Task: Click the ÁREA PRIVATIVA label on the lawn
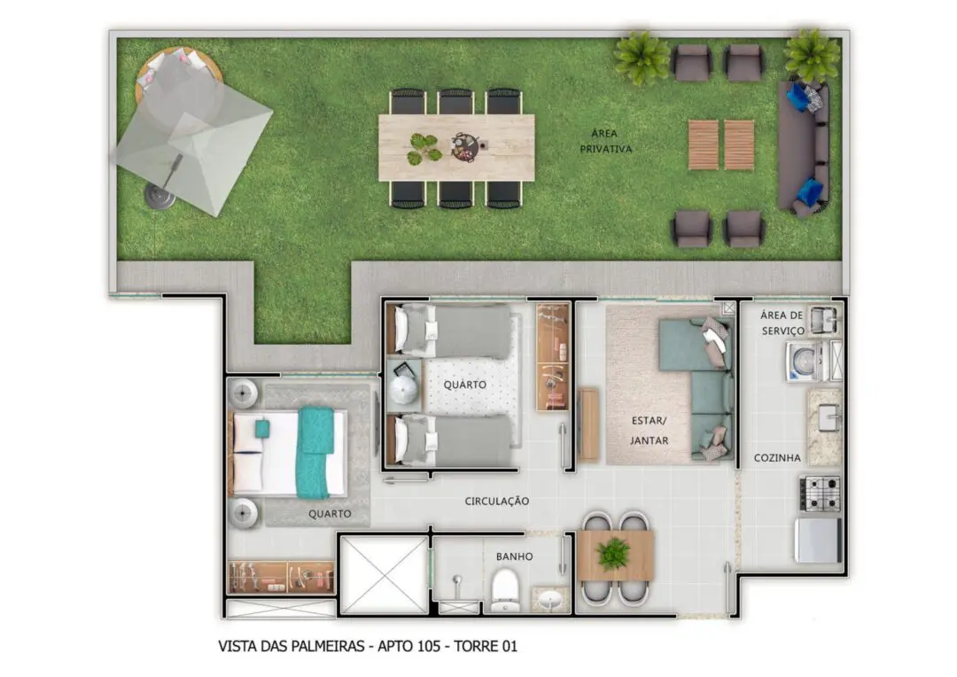605,141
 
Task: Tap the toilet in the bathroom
505,590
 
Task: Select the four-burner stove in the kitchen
821,494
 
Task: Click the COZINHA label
777,458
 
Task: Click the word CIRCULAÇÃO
497,502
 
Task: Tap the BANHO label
515,556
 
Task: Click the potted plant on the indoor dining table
613,553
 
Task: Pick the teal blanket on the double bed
315,452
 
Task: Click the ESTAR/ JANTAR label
650,431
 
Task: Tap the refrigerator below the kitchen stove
819,541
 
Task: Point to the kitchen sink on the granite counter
829,418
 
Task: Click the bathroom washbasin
551,600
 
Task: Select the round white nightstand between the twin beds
403,390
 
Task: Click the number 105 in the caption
427,646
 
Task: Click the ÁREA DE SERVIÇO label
782,323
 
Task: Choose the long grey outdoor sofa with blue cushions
804,150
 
